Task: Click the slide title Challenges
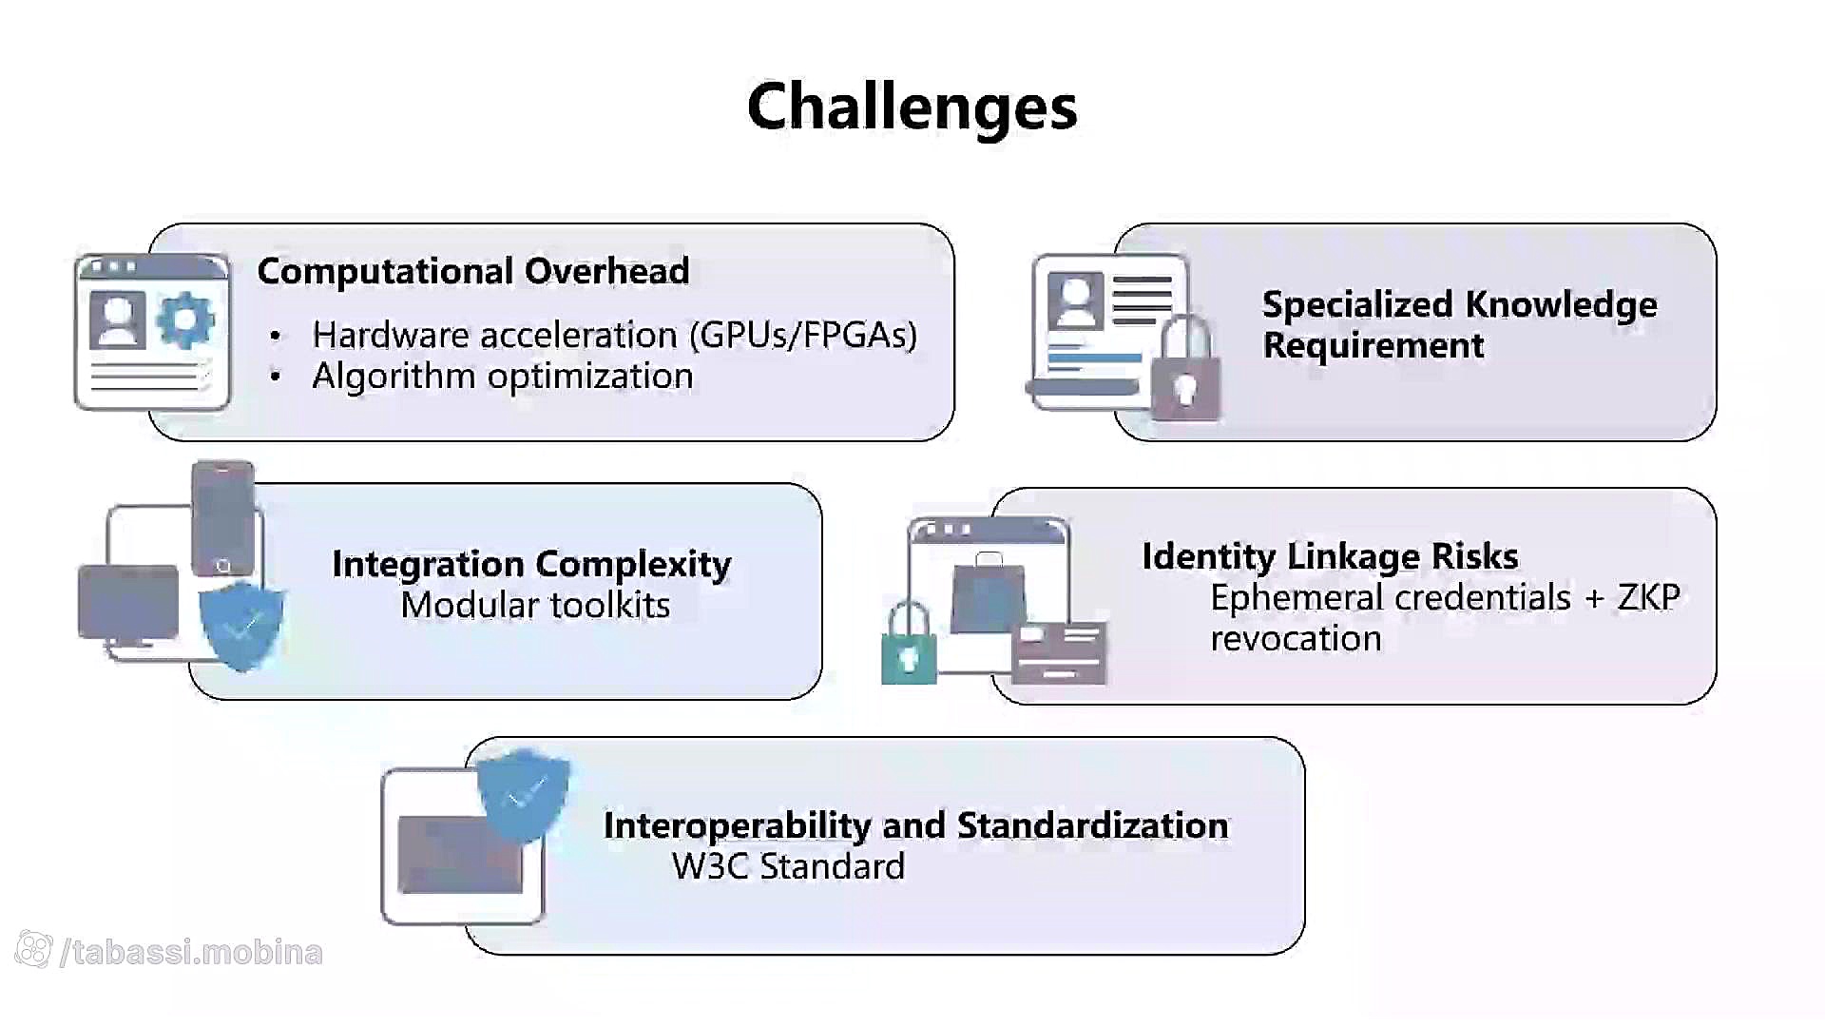pyautogui.click(x=912, y=107)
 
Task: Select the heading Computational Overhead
pyautogui.click(x=473, y=271)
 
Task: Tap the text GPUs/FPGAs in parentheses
pyautogui.click(x=803, y=335)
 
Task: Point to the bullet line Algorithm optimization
pyautogui.click(x=503, y=377)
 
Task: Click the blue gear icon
pyautogui.click(x=184, y=320)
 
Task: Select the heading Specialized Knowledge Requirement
pyautogui.click(x=1460, y=324)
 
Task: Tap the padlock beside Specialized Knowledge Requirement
pyautogui.click(x=1185, y=368)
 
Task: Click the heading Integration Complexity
pyautogui.click(x=531, y=564)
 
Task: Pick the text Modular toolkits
pyautogui.click(x=535, y=605)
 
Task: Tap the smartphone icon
pyautogui.click(x=223, y=519)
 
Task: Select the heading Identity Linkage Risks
pyautogui.click(x=1330, y=556)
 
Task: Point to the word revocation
pyautogui.click(x=1296, y=638)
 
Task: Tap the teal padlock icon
pyautogui.click(x=909, y=643)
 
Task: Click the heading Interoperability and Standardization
pyautogui.click(x=916, y=825)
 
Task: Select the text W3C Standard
pyautogui.click(x=788, y=866)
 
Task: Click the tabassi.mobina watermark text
pyautogui.click(x=191, y=952)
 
